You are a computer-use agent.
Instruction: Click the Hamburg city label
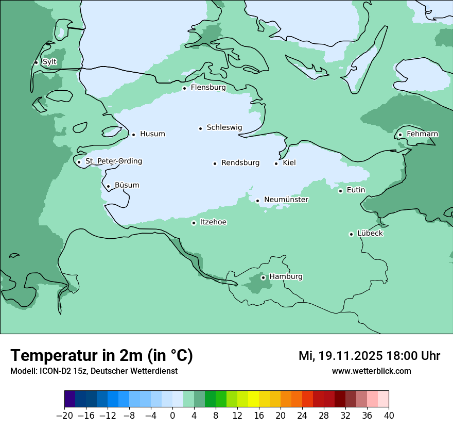(x=286, y=276)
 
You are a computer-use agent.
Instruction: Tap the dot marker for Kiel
(x=276, y=163)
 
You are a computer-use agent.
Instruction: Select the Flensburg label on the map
(x=208, y=88)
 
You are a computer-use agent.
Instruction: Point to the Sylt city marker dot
(x=36, y=62)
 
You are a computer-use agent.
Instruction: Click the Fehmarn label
(x=422, y=134)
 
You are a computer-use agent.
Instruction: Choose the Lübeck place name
(x=370, y=233)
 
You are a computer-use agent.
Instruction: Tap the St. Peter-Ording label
(x=113, y=161)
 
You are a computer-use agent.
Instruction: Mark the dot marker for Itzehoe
(x=194, y=223)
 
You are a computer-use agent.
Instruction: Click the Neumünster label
(x=286, y=200)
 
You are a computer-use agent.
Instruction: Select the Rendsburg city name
(x=240, y=163)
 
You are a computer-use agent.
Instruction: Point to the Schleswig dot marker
(x=200, y=128)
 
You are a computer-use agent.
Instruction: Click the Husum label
(x=152, y=134)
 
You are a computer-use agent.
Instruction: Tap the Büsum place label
(x=127, y=185)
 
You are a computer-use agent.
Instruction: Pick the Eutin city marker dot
(x=340, y=191)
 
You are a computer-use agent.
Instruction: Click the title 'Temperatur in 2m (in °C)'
(x=101, y=356)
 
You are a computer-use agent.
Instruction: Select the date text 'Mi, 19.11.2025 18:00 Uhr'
(x=369, y=356)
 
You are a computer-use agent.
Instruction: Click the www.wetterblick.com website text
(x=371, y=371)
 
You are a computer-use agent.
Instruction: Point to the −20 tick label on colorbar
(x=64, y=416)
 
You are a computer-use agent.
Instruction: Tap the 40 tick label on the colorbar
(x=389, y=416)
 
